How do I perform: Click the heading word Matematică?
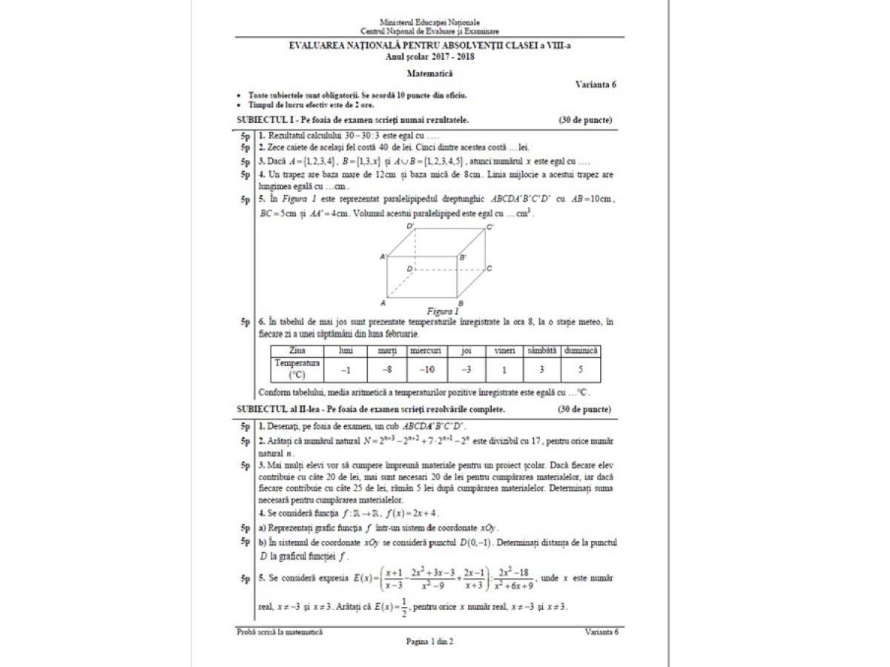pyautogui.click(x=429, y=73)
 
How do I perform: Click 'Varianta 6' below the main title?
pyautogui.click(x=596, y=84)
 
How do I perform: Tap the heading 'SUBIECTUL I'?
pyautogui.click(x=263, y=119)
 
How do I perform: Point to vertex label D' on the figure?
pyautogui.click(x=410, y=225)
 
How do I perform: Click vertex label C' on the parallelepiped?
pyautogui.click(x=489, y=228)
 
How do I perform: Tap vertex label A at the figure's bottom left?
pyautogui.click(x=383, y=303)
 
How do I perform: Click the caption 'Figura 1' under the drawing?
pyautogui.click(x=443, y=311)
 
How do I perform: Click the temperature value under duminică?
pyautogui.click(x=581, y=368)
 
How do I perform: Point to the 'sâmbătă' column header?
pyautogui.click(x=541, y=350)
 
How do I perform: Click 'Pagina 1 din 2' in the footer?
pyautogui.click(x=429, y=642)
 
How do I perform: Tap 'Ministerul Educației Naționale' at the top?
pyautogui.click(x=429, y=23)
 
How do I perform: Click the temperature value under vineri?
pyautogui.click(x=504, y=368)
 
